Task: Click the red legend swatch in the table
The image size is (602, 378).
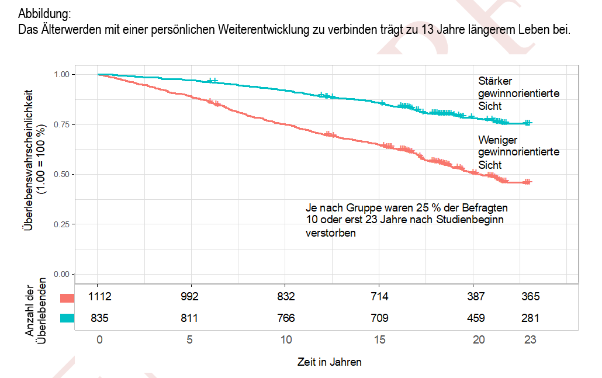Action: tap(68, 297)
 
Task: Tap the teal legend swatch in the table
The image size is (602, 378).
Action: tap(68, 318)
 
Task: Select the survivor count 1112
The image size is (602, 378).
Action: tap(100, 297)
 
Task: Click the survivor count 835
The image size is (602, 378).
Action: tap(100, 318)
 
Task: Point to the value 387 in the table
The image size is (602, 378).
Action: tap(476, 297)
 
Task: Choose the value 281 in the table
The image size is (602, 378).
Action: tap(530, 318)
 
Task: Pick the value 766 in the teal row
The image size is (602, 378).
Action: tap(286, 318)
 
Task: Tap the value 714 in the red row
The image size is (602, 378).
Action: tap(379, 297)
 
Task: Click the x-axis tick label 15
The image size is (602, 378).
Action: tap(379, 340)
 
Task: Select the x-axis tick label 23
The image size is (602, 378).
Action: tap(530, 340)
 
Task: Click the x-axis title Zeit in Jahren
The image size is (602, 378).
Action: tap(329, 362)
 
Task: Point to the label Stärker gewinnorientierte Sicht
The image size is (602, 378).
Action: tap(518, 93)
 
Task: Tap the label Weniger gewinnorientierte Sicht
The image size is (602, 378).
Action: tap(518, 152)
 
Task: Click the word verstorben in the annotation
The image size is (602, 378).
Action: tap(331, 233)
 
